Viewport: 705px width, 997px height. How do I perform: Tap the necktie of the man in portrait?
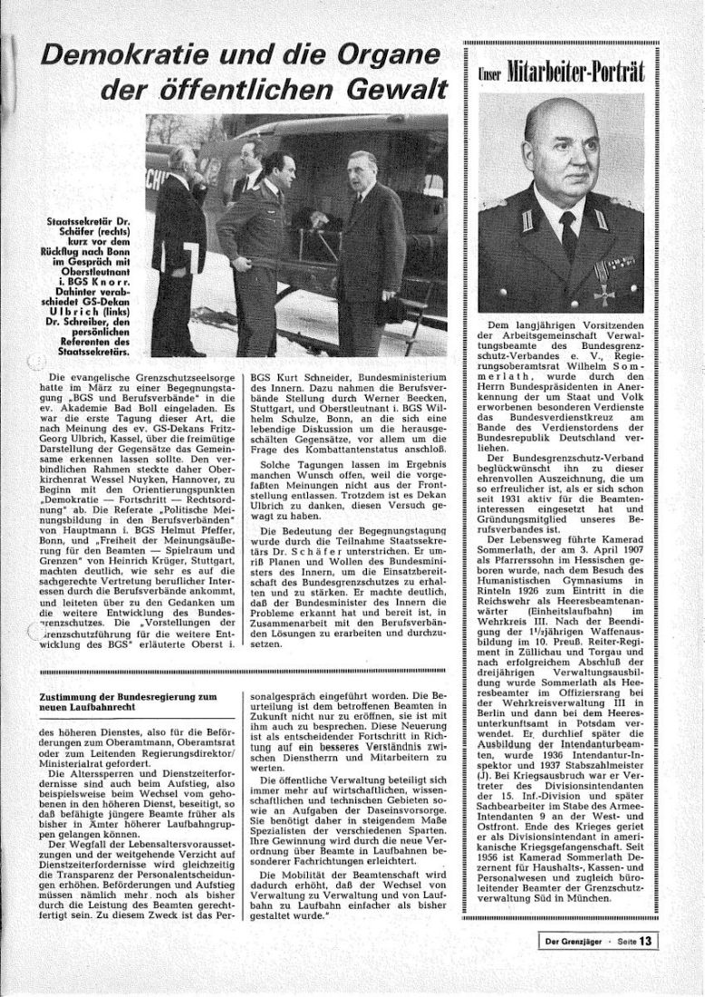pos(569,237)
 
